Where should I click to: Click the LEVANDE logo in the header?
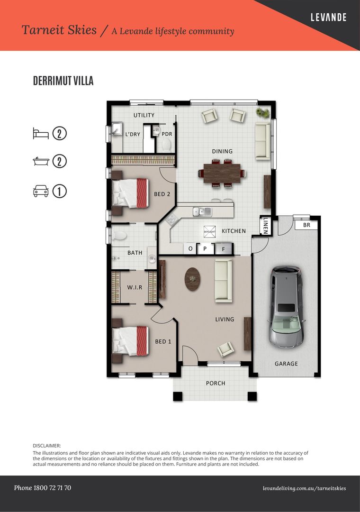point(328,18)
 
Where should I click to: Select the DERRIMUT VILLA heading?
point(63,81)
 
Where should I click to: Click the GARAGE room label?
point(287,364)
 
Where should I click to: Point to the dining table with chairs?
point(225,173)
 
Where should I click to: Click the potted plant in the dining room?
point(262,113)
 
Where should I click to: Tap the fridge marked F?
point(223,248)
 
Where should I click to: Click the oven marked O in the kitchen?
point(190,248)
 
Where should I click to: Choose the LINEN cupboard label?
point(266,225)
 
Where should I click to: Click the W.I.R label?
point(135,287)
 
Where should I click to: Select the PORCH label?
point(216,383)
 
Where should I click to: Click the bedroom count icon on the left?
point(41,133)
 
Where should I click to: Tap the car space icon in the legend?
point(41,192)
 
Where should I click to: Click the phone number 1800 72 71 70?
point(43,488)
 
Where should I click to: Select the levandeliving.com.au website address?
point(304,488)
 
